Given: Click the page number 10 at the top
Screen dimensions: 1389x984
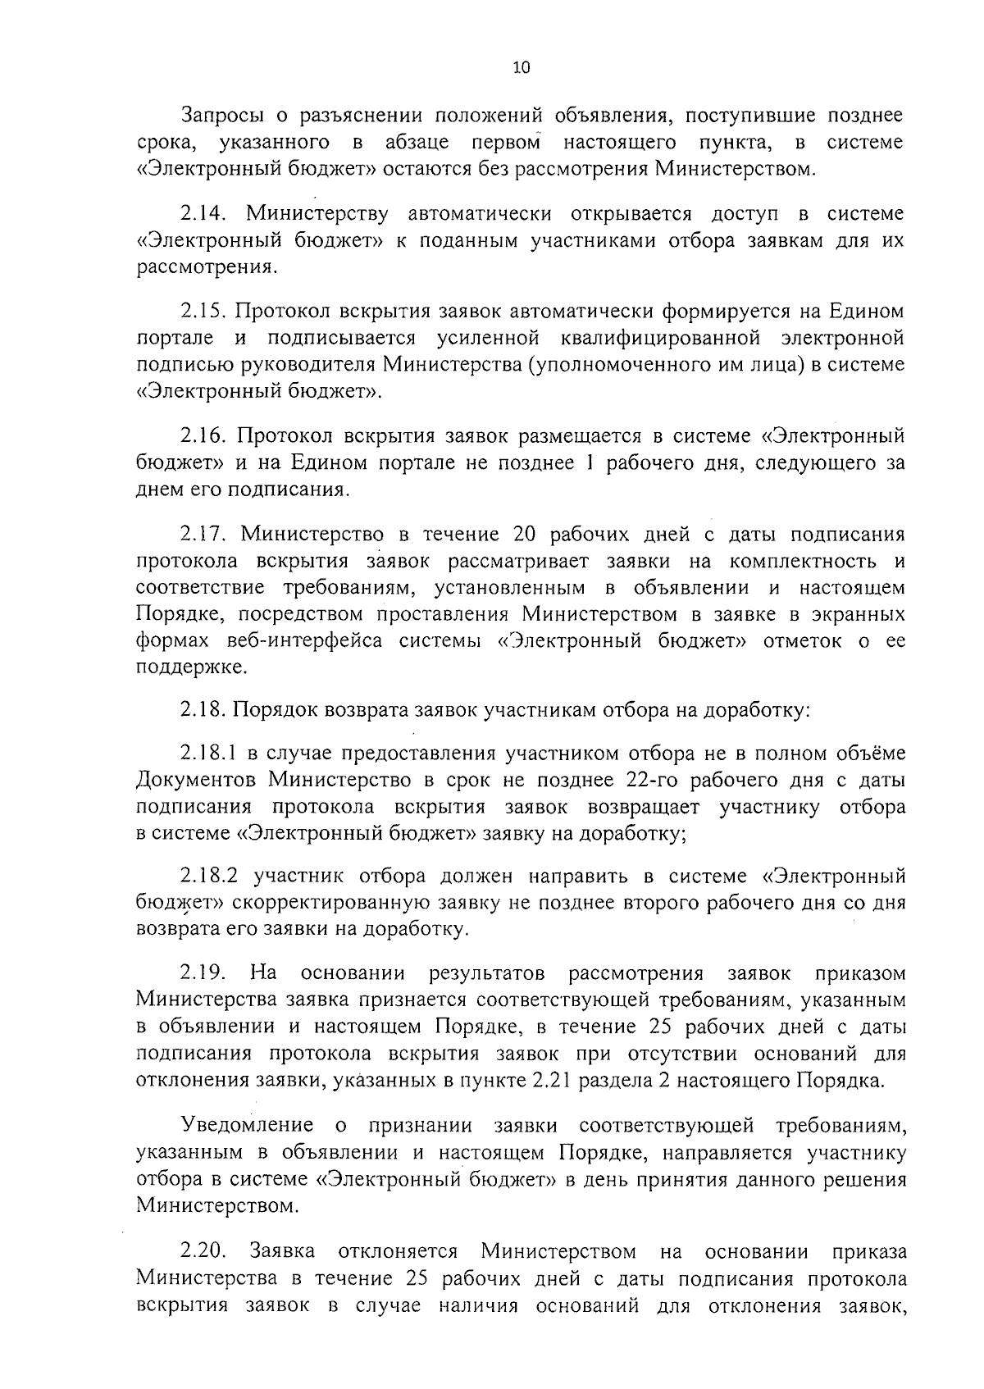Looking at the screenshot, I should (521, 68).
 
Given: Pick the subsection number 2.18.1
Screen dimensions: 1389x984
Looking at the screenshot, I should (209, 754).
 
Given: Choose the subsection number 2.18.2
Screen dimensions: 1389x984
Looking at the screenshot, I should (209, 876).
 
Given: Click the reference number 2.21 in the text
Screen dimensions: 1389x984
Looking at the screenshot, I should (552, 1079).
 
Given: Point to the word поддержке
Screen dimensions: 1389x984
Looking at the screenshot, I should (191, 668).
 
